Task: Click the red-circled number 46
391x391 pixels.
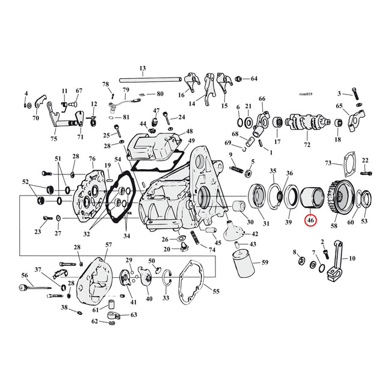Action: pos(310,221)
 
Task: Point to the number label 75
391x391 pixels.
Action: pos(54,138)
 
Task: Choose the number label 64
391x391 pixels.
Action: pos(253,79)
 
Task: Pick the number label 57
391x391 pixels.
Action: pos(109,245)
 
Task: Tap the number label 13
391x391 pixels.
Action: pos(143,68)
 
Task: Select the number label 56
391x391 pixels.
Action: pos(25,275)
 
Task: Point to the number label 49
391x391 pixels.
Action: pos(191,141)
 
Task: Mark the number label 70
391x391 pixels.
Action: pos(35,118)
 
